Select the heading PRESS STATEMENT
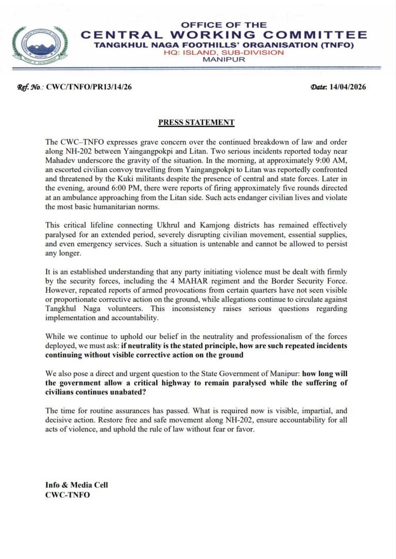(x=196, y=122)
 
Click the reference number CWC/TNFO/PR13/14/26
(x=89, y=87)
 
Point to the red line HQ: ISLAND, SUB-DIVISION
(x=224, y=52)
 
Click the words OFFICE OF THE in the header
(x=224, y=25)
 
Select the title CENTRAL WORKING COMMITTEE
(x=224, y=35)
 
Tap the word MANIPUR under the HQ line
(x=224, y=59)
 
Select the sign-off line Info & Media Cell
(x=76, y=485)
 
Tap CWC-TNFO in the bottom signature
(x=67, y=494)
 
